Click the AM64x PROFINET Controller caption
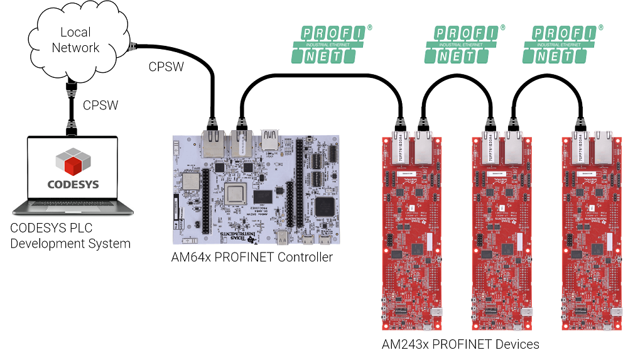[x=252, y=258]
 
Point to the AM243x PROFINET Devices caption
[x=460, y=344]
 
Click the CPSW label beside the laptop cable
[x=100, y=105]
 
